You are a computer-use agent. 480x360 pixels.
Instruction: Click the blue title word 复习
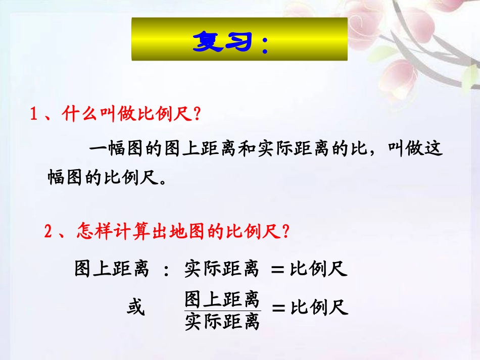pyautogui.click(x=221, y=41)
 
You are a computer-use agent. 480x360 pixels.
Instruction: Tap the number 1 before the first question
pyautogui.click(x=34, y=115)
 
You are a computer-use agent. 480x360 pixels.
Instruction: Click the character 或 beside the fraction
pyautogui.click(x=135, y=306)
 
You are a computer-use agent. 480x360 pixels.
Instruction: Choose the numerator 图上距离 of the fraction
pyautogui.click(x=222, y=299)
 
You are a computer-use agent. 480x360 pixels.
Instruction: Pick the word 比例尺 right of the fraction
pyautogui.click(x=320, y=307)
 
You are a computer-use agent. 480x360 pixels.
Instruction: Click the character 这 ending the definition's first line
pyautogui.click(x=434, y=149)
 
